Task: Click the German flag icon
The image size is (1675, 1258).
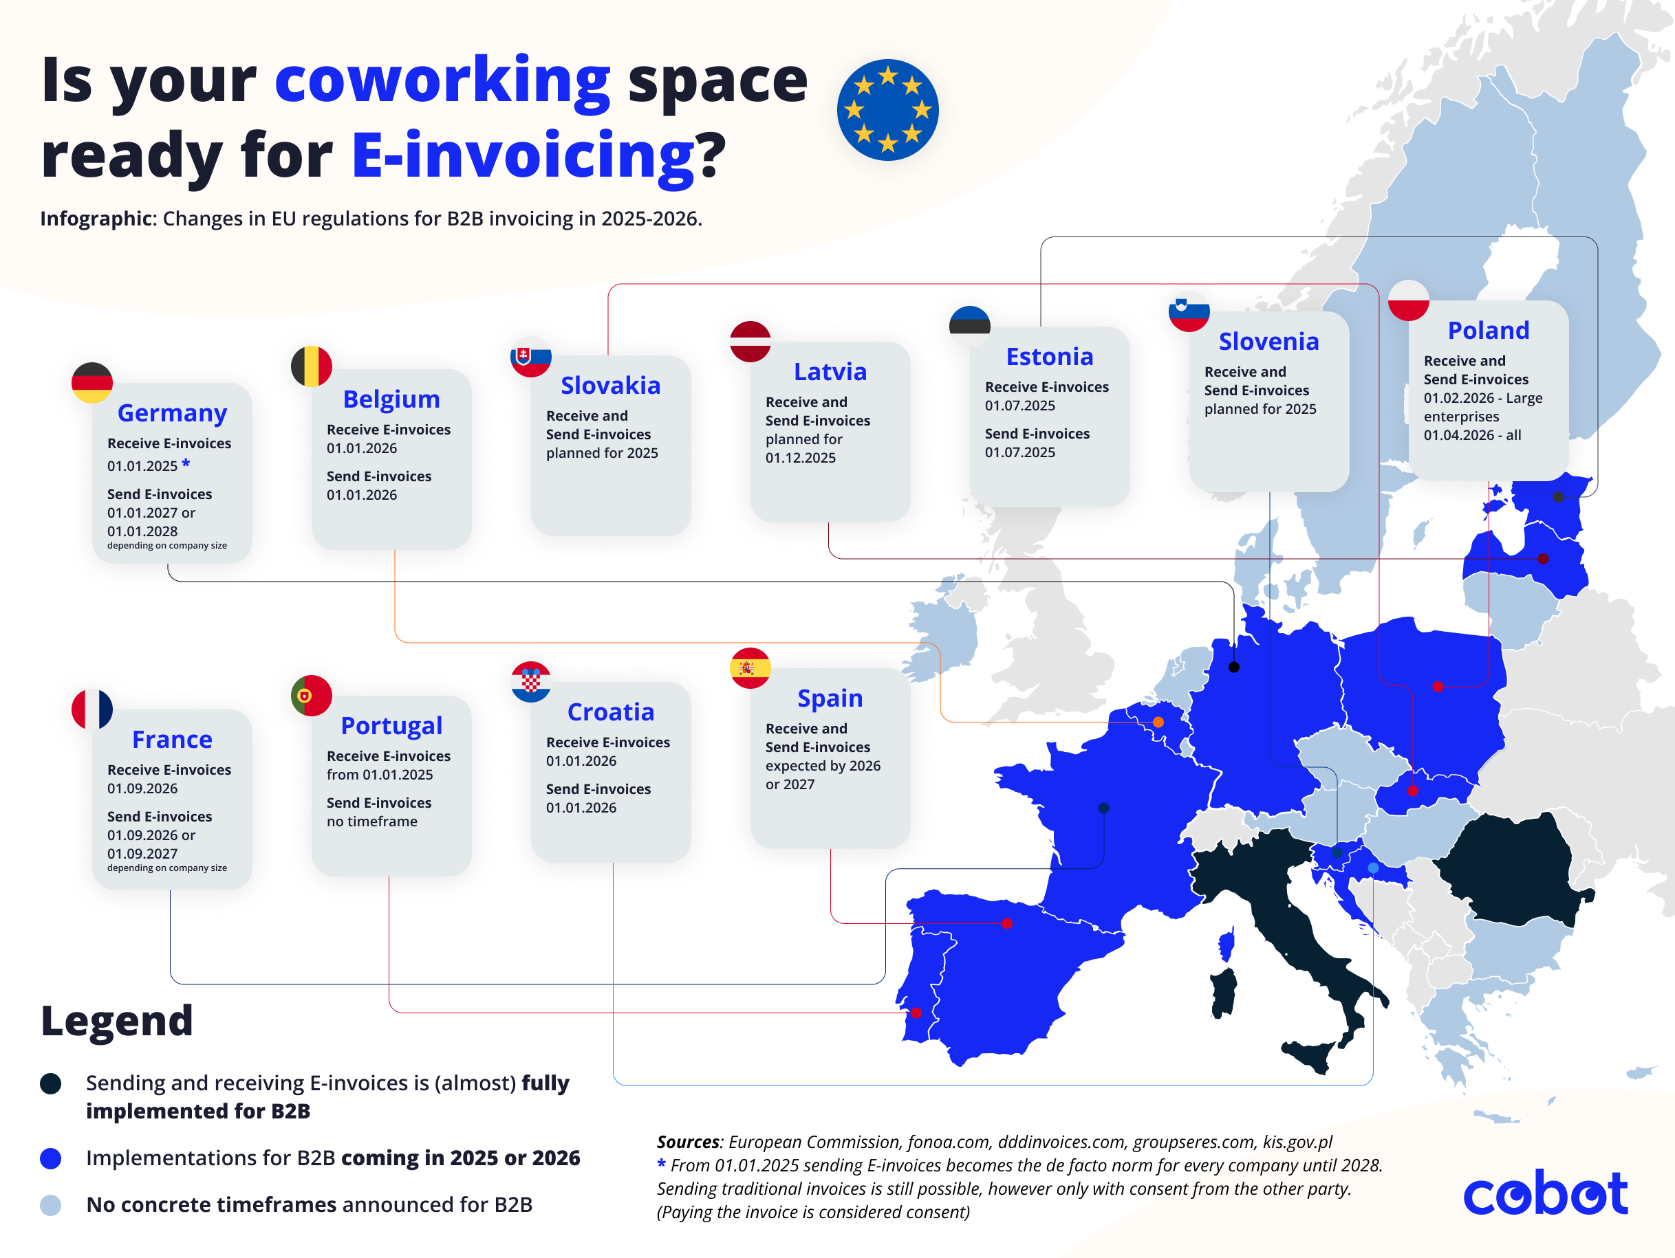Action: pos(91,382)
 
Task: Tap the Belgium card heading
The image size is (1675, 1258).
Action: pos(391,399)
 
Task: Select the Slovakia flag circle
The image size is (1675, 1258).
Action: pos(531,357)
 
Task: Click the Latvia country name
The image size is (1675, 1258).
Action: pos(830,372)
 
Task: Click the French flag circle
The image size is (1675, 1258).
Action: pos(91,709)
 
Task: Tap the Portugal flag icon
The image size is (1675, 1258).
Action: pos(311,696)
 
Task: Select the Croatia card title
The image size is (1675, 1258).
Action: pos(610,711)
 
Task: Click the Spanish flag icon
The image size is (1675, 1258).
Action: pos(750,668)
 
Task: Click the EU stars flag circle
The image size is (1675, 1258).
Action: pos(887,110)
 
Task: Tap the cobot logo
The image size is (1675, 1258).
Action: pos(1545,1193)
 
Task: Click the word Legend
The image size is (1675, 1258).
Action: pos(118,1020)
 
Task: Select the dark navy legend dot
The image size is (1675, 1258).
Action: pos(51,1083)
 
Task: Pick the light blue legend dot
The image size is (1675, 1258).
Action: pos(51,1204)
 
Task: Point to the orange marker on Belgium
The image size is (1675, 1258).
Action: pos(1158,722)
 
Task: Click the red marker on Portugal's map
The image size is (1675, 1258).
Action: pos(916,1013)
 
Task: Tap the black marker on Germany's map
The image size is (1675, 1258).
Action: pos(1233,667)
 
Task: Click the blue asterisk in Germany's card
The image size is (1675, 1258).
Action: pos(186,463)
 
